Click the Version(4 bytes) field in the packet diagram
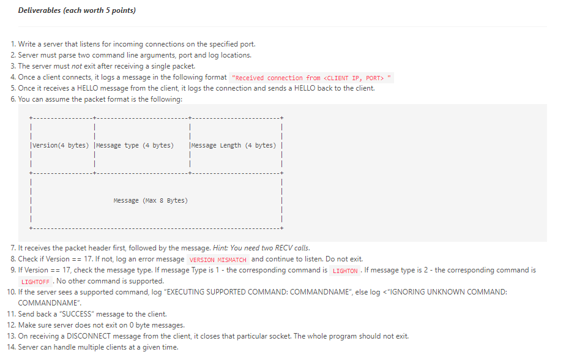59,145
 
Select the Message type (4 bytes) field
134,145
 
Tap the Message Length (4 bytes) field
233,145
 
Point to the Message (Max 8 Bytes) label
151,200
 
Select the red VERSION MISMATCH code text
218,260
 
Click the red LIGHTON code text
345,271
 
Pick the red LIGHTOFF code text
35,282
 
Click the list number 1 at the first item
13,44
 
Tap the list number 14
11,347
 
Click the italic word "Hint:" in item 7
221,248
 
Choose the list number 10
11,292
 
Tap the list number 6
13,99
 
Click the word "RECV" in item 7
285,248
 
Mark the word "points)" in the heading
124,10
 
